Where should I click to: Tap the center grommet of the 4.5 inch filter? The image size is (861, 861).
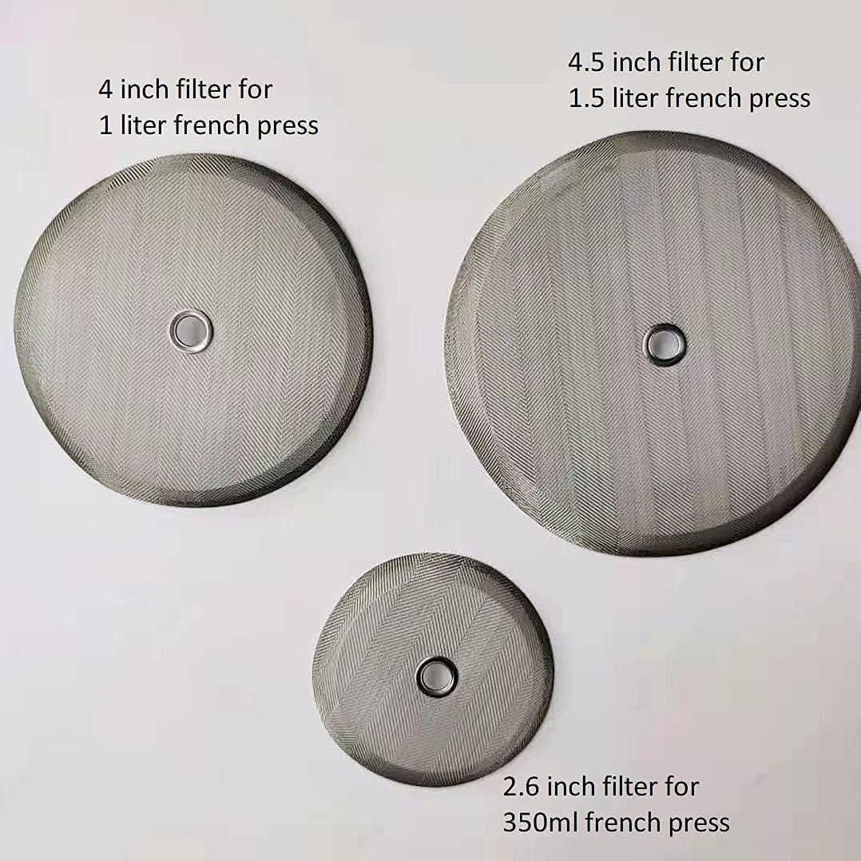pyautogui.click(x=665, y=344)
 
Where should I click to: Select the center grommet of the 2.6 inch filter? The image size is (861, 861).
pyautogui.click(x=437, y=676)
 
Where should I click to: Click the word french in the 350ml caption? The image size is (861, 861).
pyautogui.click(x=621, y=822)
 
